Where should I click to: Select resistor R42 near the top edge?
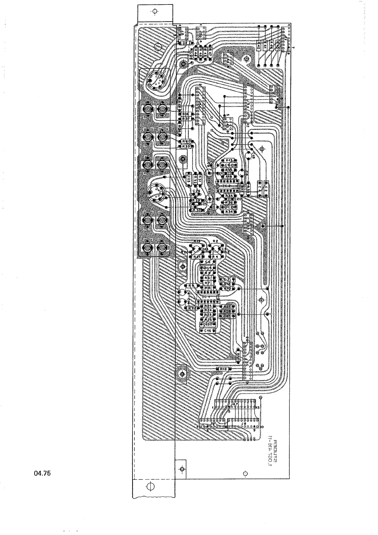(259, 45)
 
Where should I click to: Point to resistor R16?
(186, 114)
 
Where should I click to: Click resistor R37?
(186, 118)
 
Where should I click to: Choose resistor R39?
(186, 146)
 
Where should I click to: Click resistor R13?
(229, 161)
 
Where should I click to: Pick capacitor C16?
(208, 331)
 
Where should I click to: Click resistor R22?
(192, 308)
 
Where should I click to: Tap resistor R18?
(223, 369)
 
